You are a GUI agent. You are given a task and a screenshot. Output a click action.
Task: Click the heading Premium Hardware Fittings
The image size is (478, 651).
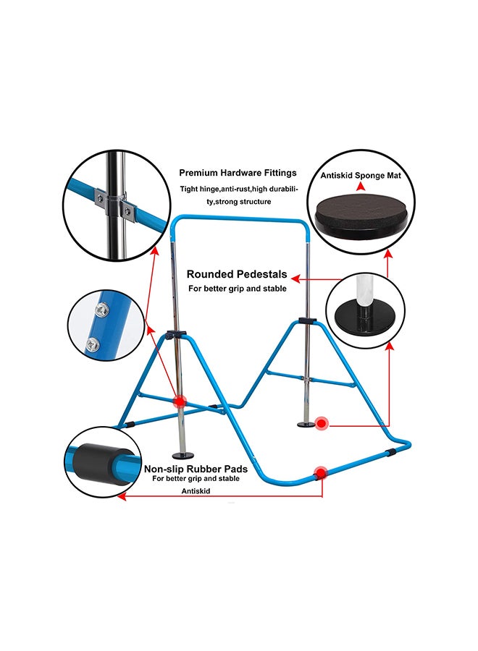tap(238, 173)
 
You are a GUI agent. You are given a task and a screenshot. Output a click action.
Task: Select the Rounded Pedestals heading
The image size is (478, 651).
tap(237, 275)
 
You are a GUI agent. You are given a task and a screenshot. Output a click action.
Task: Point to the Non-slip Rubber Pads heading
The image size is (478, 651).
tap(196, 469)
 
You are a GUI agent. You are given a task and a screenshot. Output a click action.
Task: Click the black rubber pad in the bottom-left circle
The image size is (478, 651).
tap(94, 460)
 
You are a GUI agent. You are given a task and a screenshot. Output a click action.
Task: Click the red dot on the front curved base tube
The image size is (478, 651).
tap(319, 475)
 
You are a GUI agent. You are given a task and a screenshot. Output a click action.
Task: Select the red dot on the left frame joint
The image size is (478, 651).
tap(178, 401)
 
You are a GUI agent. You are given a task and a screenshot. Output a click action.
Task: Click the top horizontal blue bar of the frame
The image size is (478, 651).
tap(246, 217)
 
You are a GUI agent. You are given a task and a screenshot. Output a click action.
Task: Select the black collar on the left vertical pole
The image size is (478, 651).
tap(175, 334)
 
